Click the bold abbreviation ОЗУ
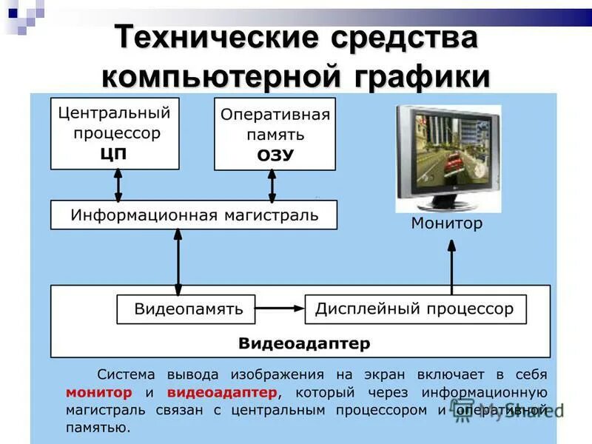[x=275, y=155]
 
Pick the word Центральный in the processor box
[x=114, y=113]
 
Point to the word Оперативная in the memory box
[x=275, y=115]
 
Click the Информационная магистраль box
[x=194, y=215]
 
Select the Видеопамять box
[x=186, y=309]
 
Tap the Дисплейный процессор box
[x=415, y=309]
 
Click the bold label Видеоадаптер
[x=304, y=344]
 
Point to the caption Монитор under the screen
[x=446, y=223]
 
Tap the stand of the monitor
[x=447, y=206]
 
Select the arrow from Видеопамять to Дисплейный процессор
[x=280, y=309]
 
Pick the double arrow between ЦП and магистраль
[x=118, y=185]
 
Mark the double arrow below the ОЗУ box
[x=272, y=186]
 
